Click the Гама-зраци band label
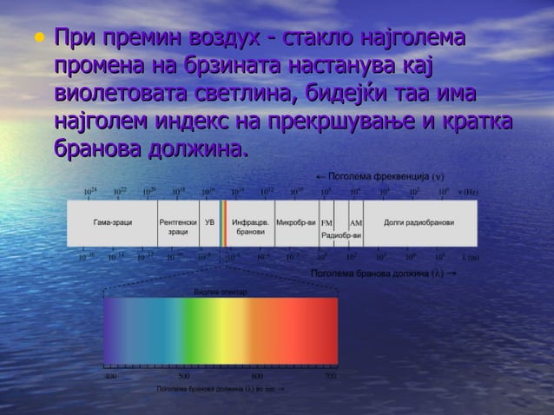(x=113, y=223)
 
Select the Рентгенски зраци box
(x=178, y=227)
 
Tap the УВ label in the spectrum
(x=209, y=223)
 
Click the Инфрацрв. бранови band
(x=250, y=227)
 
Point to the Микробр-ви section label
(x=296, y=223)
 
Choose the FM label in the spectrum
(x=326, y=223)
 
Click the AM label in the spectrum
(x=355, y=223)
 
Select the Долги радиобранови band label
(x=419, y=223)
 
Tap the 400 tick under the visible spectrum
(x=110, y=377)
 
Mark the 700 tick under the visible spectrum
(x=330, y=377)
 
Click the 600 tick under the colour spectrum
(x=257, y=377)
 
